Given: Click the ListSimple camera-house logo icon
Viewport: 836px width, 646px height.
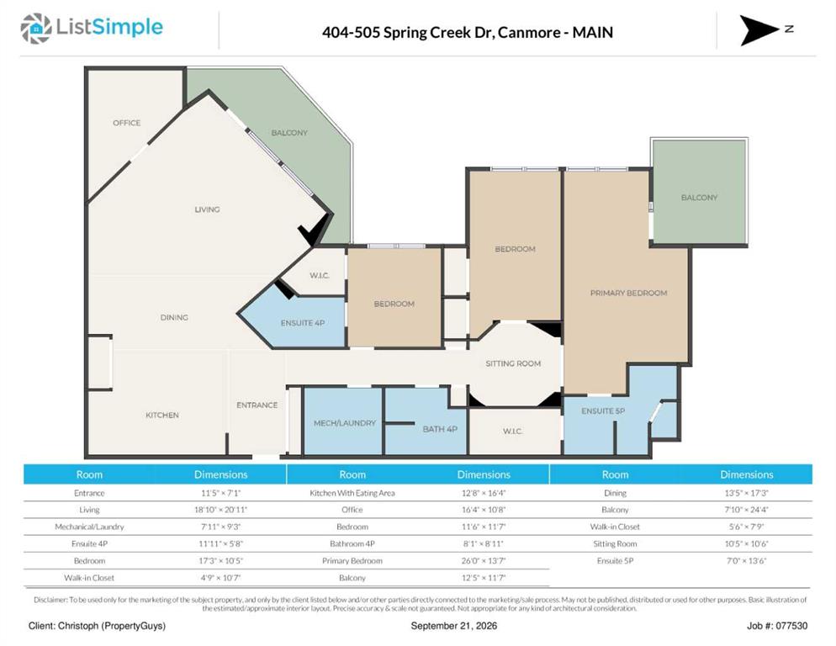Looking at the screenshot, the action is click(36, 29).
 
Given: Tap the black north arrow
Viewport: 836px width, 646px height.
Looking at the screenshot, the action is click(757, 30).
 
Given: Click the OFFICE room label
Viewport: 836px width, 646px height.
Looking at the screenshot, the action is click(127, 123).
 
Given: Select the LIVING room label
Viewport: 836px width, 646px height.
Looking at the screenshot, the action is click(207, 209).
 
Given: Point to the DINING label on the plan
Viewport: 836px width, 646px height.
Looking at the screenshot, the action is click(174, 317).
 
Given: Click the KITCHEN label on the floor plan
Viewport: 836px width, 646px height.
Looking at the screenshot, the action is click(162, 415).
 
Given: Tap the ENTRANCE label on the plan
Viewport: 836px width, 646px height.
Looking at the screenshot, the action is click(257, 405).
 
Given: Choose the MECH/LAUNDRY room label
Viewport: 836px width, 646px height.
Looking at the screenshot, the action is click(345, 423).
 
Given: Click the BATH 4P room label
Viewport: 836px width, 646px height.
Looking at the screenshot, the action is click(440, 429).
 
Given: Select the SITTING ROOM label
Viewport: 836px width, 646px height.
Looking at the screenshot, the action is click(513, 363).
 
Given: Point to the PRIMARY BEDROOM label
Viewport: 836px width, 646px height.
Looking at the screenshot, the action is click(628, 293).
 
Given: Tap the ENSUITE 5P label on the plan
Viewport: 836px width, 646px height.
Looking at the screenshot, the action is click(603, 410).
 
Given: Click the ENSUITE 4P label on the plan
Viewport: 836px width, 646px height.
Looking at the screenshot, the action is click(303, 323).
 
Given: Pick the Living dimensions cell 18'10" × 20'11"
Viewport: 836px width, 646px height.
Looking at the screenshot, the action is click(220, 510).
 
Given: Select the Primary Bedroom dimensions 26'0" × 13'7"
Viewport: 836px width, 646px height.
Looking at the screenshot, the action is click(484, 561).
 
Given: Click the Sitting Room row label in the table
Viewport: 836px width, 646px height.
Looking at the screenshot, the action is click(615, 543).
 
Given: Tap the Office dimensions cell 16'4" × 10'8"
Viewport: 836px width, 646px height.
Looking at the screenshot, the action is click(484, 510).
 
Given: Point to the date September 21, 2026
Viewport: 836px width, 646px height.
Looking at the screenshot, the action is click(453, 626).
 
